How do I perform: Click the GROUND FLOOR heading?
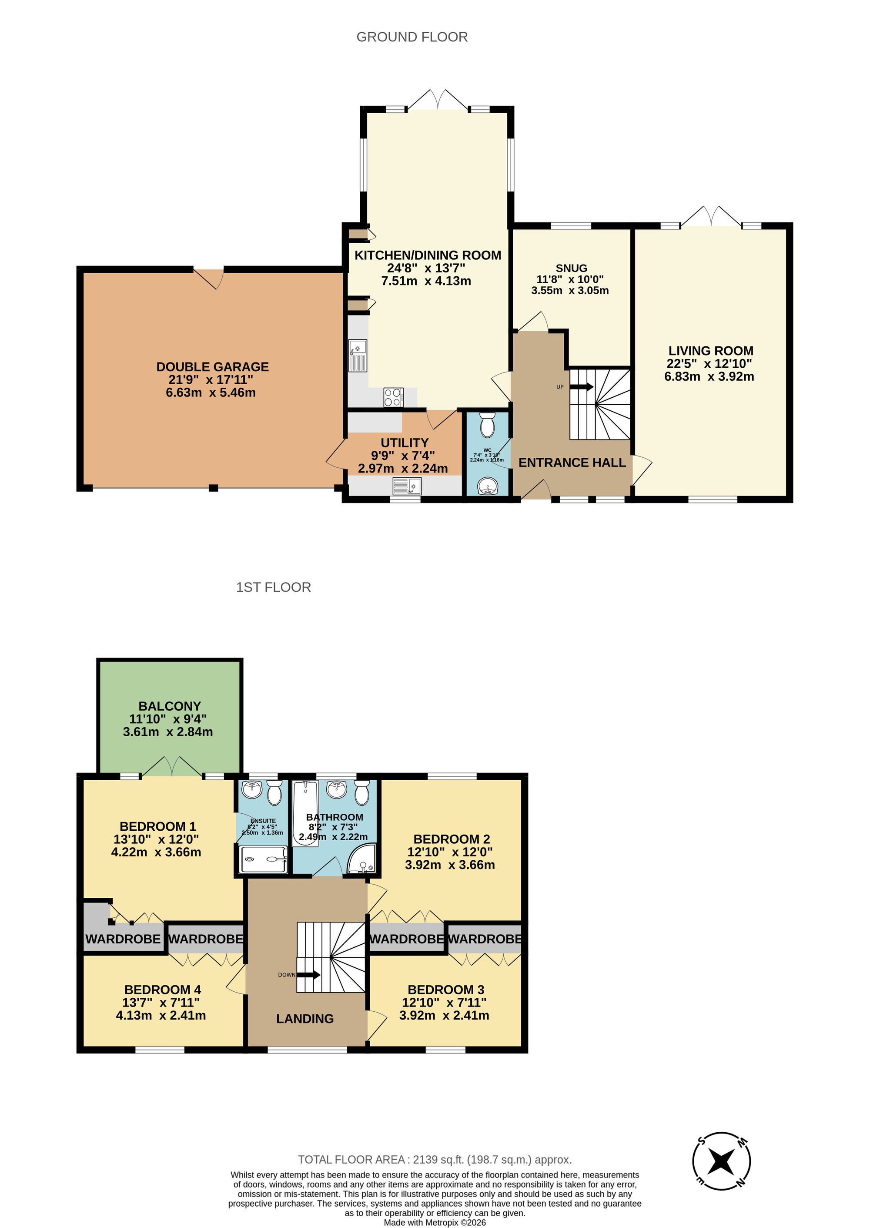point(412,37)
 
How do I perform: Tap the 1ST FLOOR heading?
point(273,587)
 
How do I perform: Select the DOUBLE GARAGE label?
point(212,367)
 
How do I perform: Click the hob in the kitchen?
point(393,397)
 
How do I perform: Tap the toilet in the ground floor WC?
point(486,426)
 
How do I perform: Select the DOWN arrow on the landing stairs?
point(308,975)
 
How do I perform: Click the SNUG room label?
point(571,268)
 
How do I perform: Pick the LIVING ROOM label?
point(710,351)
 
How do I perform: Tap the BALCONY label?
point(169,706)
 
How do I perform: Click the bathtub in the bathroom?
point(305,812)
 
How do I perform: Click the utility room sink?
point(407,486)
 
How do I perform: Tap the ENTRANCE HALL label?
point(572,463)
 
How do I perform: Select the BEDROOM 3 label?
point(446,990)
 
